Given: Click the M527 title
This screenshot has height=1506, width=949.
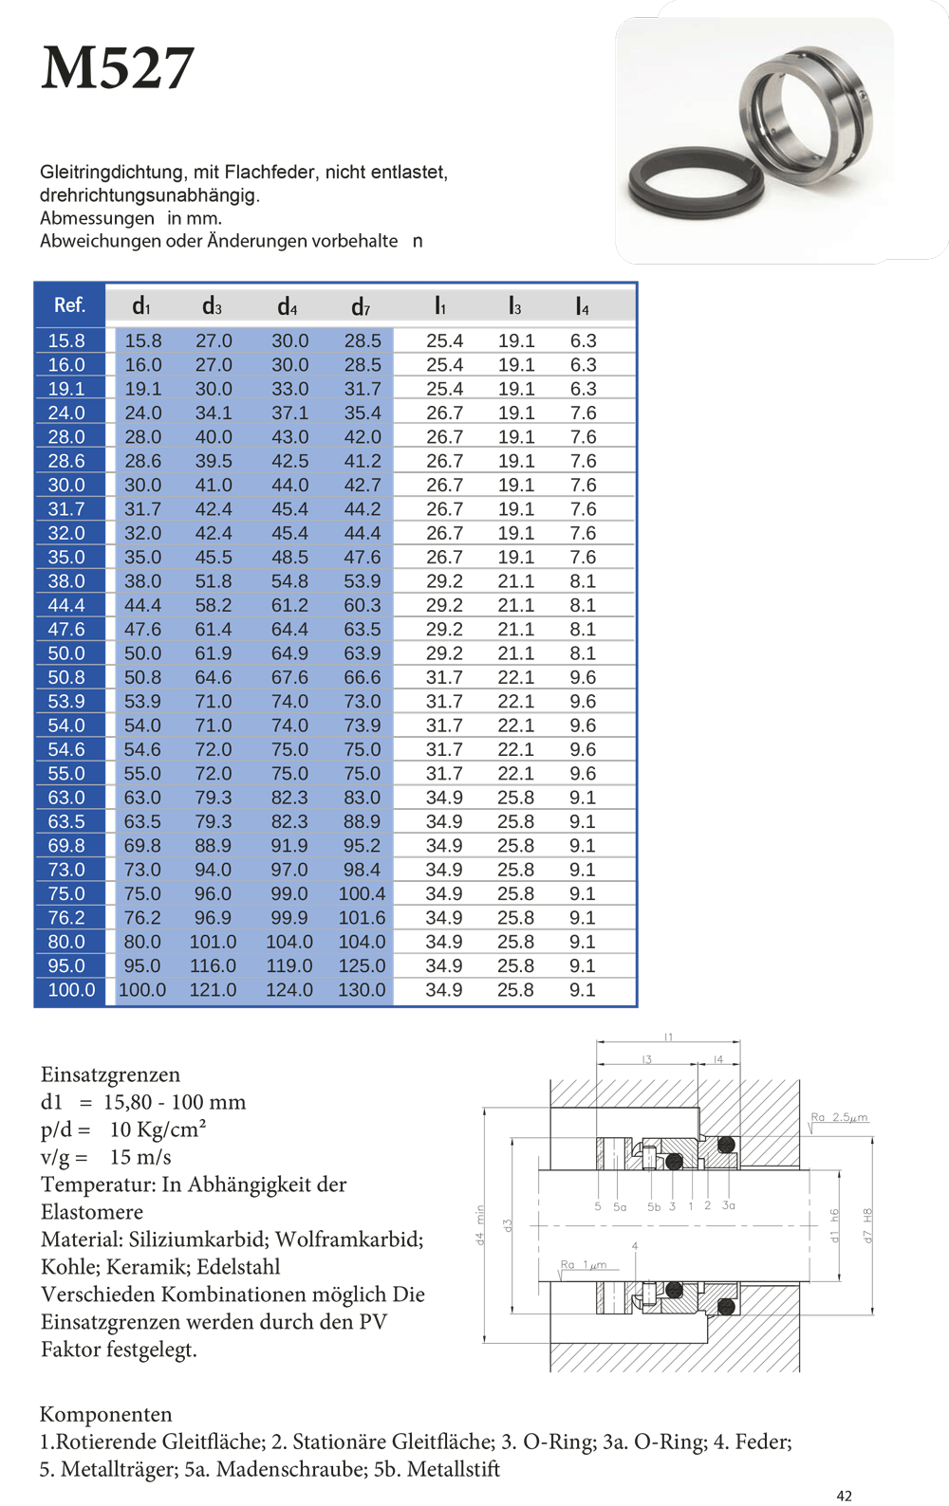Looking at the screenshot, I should (118, 68).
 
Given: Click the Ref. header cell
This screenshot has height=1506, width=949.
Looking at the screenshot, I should (69, 304).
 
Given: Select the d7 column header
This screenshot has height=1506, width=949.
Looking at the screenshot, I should (361, 306).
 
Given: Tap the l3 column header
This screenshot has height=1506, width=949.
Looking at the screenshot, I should (514, 305).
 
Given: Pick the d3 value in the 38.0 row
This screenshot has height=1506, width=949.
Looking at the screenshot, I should (214, 581).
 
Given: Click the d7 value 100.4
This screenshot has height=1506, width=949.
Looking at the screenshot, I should (362, 893).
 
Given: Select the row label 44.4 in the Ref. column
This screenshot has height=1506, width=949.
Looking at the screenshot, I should (66, 605).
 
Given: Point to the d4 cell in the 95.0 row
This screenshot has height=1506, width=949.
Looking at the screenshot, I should (289, 965).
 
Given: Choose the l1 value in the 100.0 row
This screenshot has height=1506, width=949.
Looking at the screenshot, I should (444, 990).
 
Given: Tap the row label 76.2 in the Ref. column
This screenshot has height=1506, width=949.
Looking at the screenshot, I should (66, 918).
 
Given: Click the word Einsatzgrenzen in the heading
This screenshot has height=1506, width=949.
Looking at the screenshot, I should (110, 1074).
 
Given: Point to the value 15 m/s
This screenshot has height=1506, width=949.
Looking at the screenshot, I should (140, 1157).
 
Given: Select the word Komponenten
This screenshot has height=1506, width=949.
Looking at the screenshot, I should (106, 1414).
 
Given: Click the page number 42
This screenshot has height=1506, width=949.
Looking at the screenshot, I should (845, 1496).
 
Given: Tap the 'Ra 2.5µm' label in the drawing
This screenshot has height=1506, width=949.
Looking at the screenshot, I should (839, 1117).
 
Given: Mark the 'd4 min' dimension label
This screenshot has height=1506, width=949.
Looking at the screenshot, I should (480, 1224).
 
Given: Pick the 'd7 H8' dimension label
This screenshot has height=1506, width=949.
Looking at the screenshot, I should (866, 1224).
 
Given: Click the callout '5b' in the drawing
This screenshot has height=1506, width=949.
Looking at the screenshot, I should (654, 1207).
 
